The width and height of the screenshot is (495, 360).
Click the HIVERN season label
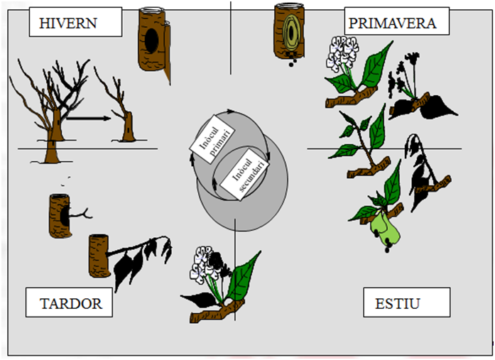75,22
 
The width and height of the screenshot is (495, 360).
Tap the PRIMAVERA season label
397,21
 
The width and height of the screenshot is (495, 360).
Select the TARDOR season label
69,302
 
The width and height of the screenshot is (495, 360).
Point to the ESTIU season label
407,302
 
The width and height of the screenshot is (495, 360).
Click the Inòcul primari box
212,139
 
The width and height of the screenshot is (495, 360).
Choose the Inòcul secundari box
244,175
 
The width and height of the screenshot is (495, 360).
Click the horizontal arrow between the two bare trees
89,119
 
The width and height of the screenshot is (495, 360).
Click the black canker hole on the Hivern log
152,41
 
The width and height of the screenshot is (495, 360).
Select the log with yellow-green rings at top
289,31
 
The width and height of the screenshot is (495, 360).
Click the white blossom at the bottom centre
202,265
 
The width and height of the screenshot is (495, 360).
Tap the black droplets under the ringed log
293,62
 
